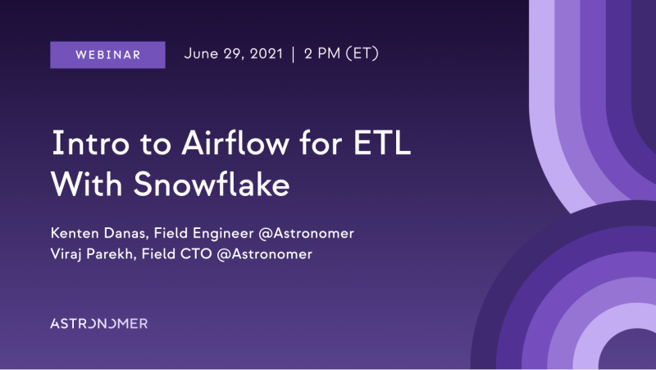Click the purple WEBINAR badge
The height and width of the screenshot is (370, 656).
click(x=107, y=55)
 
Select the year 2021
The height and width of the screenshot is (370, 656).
click(x=266, y=53)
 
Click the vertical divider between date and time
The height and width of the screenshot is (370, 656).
click(x=294, y=54)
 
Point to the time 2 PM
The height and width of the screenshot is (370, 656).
click(x=322, y=53)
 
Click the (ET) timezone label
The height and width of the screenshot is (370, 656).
click(x=362, y=53)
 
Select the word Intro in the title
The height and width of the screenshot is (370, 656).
click(x=90, y=143)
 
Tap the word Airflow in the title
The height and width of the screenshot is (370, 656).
click(x=235, y=142)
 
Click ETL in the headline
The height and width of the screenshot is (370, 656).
click(x=382, y=143)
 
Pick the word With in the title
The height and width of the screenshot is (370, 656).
click(x=87, y=184)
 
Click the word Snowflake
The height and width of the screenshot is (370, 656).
click(x=212, y=184)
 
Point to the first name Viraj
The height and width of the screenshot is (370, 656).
click(x=66, y=254)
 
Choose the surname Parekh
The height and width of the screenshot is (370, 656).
click(x=112, y=254)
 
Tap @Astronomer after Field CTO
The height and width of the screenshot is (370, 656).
click(x=264, y=254)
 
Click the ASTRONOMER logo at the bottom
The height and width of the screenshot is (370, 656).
click(x=98, y=323)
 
